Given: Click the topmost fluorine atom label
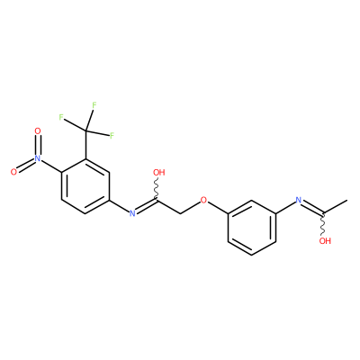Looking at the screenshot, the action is point(94,105).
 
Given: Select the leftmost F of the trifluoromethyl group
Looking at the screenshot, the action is point(61,117).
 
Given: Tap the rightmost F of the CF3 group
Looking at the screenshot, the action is point(112,136).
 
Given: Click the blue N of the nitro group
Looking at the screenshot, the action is point(37,158).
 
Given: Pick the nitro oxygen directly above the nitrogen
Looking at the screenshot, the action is point(37,130).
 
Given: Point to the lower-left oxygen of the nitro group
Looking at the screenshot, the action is point(13,172).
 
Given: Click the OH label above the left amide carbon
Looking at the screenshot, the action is point(159,172).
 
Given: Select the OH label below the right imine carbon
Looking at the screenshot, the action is point(325,240).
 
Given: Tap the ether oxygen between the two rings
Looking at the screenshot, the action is point(203,199).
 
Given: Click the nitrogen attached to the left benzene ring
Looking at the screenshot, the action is point(132,213).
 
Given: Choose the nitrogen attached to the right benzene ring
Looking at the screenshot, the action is point(299,200).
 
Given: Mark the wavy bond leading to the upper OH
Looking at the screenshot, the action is point(157,188).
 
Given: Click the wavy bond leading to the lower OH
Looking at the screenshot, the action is point(323,224).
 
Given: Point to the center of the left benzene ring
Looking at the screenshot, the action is point(85,185).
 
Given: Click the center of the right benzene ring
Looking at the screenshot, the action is point(251,227).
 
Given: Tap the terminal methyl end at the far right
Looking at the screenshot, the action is point(347,200).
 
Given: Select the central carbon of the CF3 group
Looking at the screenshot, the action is point(85,130).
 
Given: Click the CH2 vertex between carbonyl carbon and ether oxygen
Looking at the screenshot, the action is point(180,213).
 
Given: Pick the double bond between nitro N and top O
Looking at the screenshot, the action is point(37,144).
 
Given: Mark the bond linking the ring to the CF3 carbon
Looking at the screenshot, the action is point(85,144).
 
